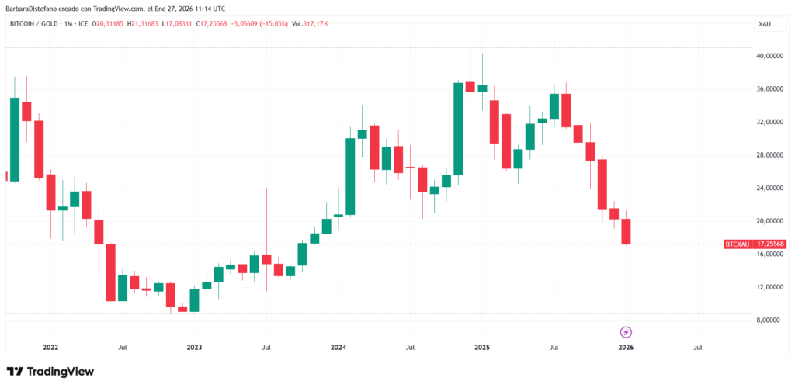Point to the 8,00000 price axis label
click(771, 320)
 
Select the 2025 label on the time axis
click(481, 348)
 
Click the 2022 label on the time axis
click(50, 348)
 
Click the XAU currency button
click(765, 25)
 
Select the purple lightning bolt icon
click(626, 331)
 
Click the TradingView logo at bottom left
click(50, 372)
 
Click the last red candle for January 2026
click(626, 231)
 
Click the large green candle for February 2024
click(350, 176)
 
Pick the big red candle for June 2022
click(111, 272)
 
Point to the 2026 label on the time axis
click(625, 348)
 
